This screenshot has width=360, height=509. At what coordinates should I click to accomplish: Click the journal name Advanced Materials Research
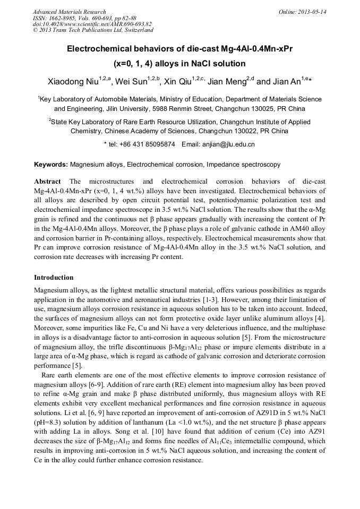point(69,12)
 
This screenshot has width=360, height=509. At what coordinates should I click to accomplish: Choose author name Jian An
point(287,82)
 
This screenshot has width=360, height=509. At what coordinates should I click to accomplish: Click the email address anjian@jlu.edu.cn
point(226,144)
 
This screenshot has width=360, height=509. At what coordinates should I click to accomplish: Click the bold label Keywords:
point(51,165)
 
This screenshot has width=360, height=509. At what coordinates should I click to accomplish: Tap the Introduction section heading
point(54,278)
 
